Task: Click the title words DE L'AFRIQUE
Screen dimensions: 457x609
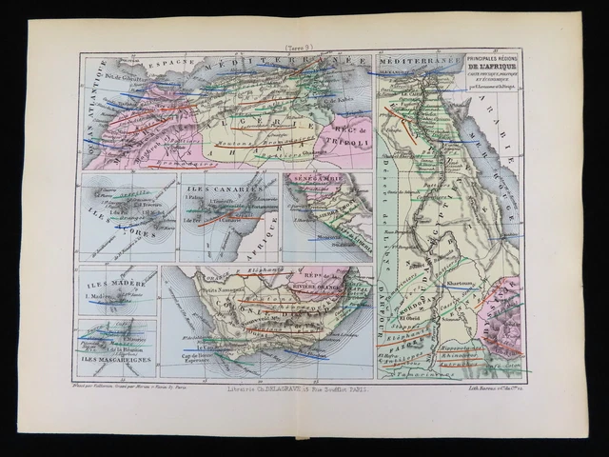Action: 494,70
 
